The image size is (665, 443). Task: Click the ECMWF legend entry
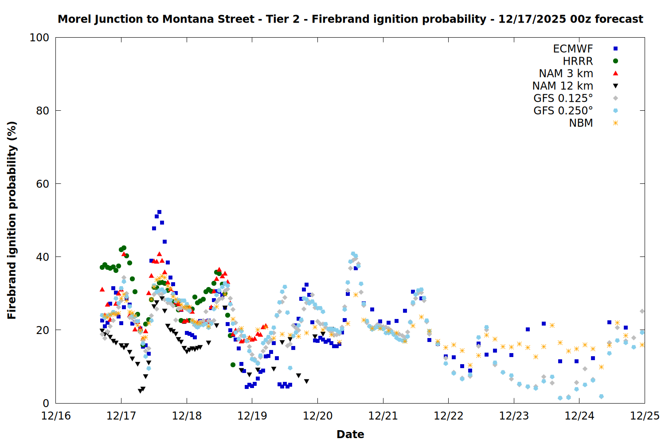coord(573,49)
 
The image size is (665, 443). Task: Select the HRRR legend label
coord(578,61)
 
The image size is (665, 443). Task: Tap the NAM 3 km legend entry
coord(566,74)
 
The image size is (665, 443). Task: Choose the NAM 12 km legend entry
coord(563,86)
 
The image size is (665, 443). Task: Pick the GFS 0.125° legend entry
coord(563,98)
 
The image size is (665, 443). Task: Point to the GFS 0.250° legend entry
coord(563,111)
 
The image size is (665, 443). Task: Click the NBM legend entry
coord(581,123)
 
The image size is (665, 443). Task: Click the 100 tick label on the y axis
coord(39,38)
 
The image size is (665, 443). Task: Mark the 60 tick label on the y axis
coord(43,184)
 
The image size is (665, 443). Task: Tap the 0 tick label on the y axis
coord(46,403)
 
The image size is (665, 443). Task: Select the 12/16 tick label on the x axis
coord(56,416)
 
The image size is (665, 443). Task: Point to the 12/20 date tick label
coord(317,416)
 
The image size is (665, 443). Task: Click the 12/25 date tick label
coord(645,416)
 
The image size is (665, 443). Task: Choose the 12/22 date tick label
coord(448,416)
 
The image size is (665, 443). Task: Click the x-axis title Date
coord(350,434)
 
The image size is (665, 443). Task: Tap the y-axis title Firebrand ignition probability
coord(12,220)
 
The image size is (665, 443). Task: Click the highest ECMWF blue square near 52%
coord(159,212)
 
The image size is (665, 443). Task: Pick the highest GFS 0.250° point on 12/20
coord(353,254)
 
